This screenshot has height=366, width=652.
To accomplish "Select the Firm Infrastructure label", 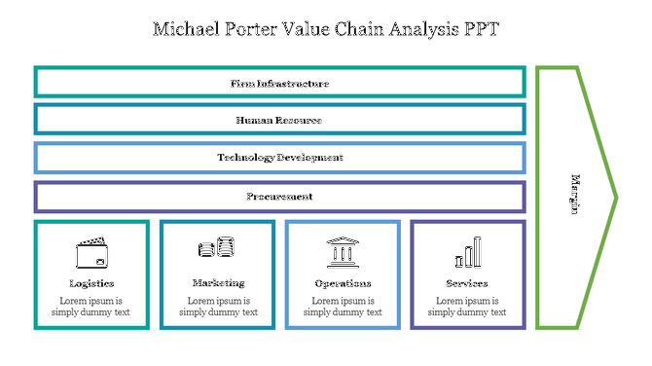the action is coord(279,84).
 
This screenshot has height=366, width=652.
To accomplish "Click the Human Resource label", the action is coord(279,121).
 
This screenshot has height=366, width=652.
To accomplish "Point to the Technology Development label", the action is coord(279,158).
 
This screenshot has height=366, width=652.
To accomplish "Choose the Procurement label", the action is coord(279,197).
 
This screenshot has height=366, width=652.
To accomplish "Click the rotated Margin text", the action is coord(575,195).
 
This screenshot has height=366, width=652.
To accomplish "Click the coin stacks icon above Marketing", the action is coord(217,248).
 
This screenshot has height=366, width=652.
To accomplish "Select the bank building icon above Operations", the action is coord(342,252).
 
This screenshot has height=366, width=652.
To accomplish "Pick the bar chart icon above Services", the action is coord(467,252).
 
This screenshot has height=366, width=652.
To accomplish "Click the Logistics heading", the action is coord(91,283).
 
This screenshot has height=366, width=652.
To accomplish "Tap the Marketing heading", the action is coord(218,283).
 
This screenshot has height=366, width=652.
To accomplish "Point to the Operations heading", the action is coord(343,283).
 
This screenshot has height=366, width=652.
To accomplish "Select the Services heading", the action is coord(467,283).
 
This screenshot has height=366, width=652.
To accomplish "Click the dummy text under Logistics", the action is coord(91,307).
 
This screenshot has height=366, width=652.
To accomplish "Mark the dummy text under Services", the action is coord(467,307).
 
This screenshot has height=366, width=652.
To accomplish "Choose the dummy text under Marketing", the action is coord(218,307).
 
